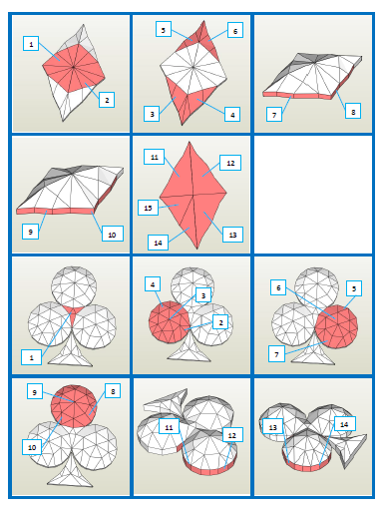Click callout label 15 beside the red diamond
pos(148,208)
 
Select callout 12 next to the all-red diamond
pos(230,163)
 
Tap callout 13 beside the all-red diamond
pos(232,235)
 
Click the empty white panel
pos(313,195)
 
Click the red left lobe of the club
pos(170,321)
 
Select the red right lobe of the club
pos(336,326)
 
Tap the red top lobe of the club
pos(74,406)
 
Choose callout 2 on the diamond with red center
pos(107,100)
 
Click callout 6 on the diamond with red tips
pos(235,31)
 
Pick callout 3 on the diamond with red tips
pos(152,114)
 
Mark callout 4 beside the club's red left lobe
pos(153,284)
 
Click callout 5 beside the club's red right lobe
pos(354,288)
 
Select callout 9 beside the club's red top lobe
pos(35,392)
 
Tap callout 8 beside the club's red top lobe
pos(113,391)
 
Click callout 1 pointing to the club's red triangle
pos(31,357)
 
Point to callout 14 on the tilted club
pos(344,424)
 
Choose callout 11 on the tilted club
pos(169,426)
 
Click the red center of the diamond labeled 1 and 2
pos(74,68)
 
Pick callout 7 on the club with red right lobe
pos(276,354)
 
